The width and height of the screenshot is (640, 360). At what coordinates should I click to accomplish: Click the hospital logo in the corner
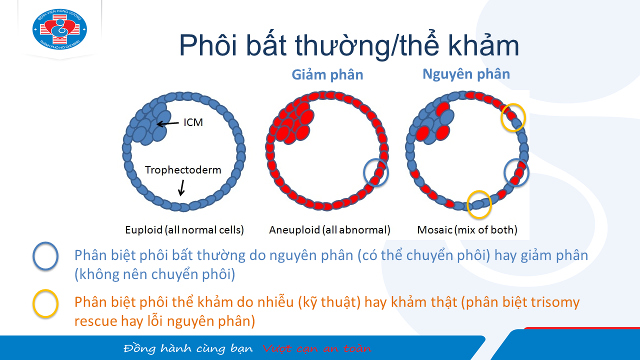[x=59, y=29]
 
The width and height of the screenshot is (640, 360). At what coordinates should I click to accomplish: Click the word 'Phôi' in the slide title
[x=208, y=45]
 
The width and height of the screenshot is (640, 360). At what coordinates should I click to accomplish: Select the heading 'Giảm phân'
[x=327, y=75]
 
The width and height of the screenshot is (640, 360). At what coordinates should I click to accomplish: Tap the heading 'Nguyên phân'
[x=466, y=74]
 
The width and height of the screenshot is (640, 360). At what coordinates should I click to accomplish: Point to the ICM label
[x=193, y=122]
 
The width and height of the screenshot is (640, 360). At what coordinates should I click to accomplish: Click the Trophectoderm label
[x=183, y=170]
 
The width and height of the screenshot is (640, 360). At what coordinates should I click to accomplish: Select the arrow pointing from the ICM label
[x=167, y=123]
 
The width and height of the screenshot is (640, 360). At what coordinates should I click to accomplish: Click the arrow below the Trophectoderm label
[x=181, y=187]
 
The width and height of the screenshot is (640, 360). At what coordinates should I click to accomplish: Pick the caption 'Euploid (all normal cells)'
[x=184, y=230]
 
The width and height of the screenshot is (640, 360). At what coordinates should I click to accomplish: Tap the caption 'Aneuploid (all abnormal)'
[x=329, y=230]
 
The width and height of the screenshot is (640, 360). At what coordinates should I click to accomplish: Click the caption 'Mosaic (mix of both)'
[x=467, y=230]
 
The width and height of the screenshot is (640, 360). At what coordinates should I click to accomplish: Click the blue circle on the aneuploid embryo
[x=364, y=173]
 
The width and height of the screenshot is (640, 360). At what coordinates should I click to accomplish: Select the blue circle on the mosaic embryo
[x=504, y=173]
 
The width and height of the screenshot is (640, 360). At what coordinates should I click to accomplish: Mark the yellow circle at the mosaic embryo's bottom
[x=467, y=204]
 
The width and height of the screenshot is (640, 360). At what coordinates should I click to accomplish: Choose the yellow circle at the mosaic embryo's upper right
[x=501, y=117]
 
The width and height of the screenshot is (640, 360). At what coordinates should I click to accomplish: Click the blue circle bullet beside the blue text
[x=33, y=256]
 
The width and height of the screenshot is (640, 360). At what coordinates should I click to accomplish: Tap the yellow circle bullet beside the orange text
[x=33, y=303]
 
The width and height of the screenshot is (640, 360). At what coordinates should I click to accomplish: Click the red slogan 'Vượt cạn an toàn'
[x=317, y=348]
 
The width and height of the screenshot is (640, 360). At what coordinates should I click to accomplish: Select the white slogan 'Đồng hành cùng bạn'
[x=188, y=348]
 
